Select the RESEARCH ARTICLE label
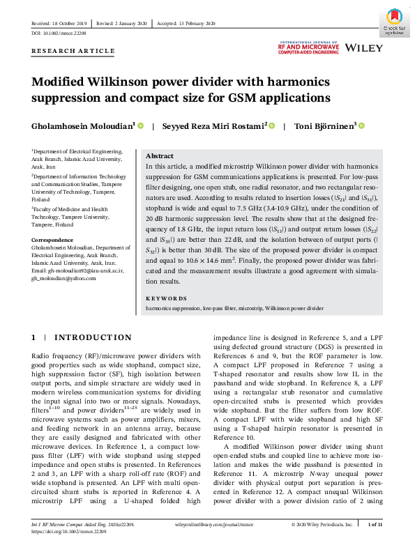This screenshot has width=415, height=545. click(x=73, y=51)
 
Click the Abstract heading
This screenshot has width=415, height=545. click(x=160, y=157)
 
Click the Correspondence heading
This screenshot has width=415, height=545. click(x=54, y=240)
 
